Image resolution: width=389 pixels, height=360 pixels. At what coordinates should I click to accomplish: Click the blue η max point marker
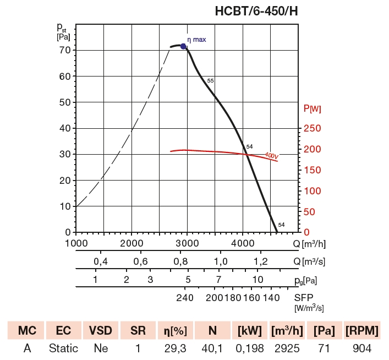pyautogui.click(x=184, y=46)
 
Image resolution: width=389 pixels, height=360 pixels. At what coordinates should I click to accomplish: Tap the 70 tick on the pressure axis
pyautogui.click(x=65, y=50)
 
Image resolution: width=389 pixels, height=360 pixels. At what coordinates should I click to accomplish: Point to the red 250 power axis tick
pyautogui.click(x=312, y=128)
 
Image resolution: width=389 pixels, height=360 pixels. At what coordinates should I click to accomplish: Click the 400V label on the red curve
pyautogui.click(x=271, y=156)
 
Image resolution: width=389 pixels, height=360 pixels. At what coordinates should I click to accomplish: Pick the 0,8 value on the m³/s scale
pyautogui.click(x=180, y=261)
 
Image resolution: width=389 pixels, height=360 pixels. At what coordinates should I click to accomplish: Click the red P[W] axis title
pyautogui.click(x=312, y=108)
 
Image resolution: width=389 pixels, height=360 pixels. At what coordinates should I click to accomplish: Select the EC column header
pyautogui.click(x=63, y=331)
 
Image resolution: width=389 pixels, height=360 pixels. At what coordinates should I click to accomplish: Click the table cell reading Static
pyautogui.click(x=63, y=348)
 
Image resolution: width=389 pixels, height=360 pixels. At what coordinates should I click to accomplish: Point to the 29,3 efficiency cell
pyautogui.click(x=176, y=348)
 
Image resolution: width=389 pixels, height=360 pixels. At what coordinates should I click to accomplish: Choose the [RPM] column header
pyautogui.click(x=362, y=331)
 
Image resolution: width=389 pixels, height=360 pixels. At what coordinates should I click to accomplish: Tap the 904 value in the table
pyautogui.click(x=362, y=348)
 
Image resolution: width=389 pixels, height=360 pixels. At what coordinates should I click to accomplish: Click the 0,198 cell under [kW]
pyautogui.click(x=250, y=348)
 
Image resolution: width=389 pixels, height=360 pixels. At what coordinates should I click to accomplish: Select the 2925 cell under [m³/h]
pyautogui.click(x=287, y=348)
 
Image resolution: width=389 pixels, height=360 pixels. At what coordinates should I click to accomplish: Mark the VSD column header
pyautogui.click(x=101, y=331)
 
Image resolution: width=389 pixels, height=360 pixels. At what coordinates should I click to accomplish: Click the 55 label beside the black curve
pyautogui.click(x=210, y=81)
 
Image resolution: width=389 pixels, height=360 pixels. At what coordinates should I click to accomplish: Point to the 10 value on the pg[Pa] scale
pyautogui.click(x=257, y=279)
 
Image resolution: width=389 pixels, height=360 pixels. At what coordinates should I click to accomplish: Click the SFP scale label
pyautogui.click(x=304, y=298)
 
